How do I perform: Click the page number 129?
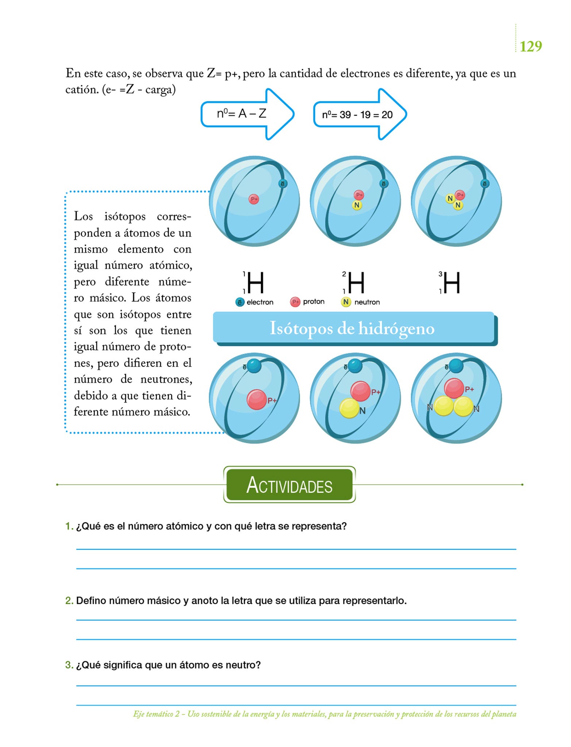530,46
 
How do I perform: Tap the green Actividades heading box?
289,485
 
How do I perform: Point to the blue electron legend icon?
240,302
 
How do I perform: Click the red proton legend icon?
295,302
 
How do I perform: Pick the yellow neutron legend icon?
345,302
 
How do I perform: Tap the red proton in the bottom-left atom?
256,399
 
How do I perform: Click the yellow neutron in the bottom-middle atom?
349,408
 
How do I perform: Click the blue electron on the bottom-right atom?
456,365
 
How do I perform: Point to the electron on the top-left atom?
283,184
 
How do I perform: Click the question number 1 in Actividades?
69,526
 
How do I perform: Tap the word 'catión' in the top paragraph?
82,89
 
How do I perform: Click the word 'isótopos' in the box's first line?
125,216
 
